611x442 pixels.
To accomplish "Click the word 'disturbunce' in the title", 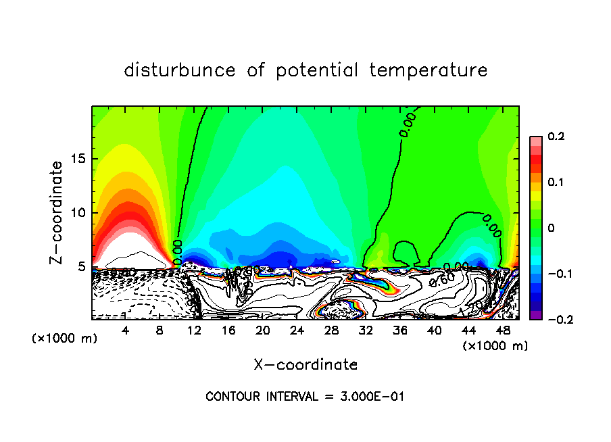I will tap(180, 70).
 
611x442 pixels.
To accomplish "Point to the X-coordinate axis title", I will tap(305, 365).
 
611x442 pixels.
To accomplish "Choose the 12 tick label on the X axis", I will tap(194, 331).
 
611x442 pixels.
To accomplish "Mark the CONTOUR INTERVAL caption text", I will tap(305, 396).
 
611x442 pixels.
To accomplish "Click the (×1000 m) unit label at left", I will tap(65, 338).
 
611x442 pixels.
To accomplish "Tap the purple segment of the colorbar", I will tap(536, 315).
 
